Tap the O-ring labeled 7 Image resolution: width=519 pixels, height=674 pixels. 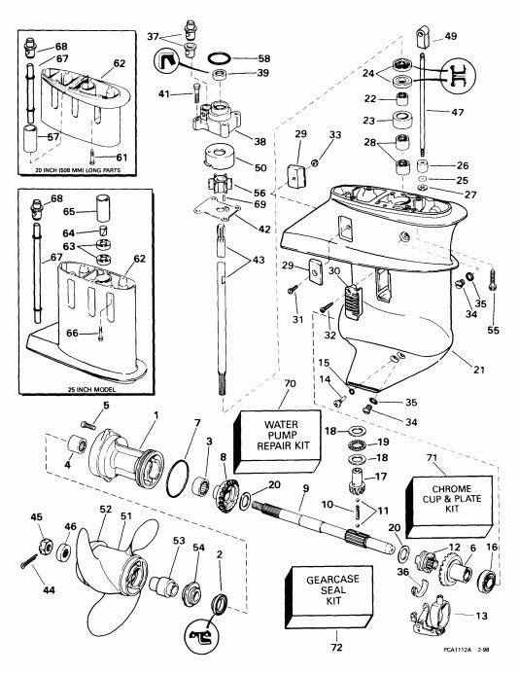(x=178, y=479)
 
